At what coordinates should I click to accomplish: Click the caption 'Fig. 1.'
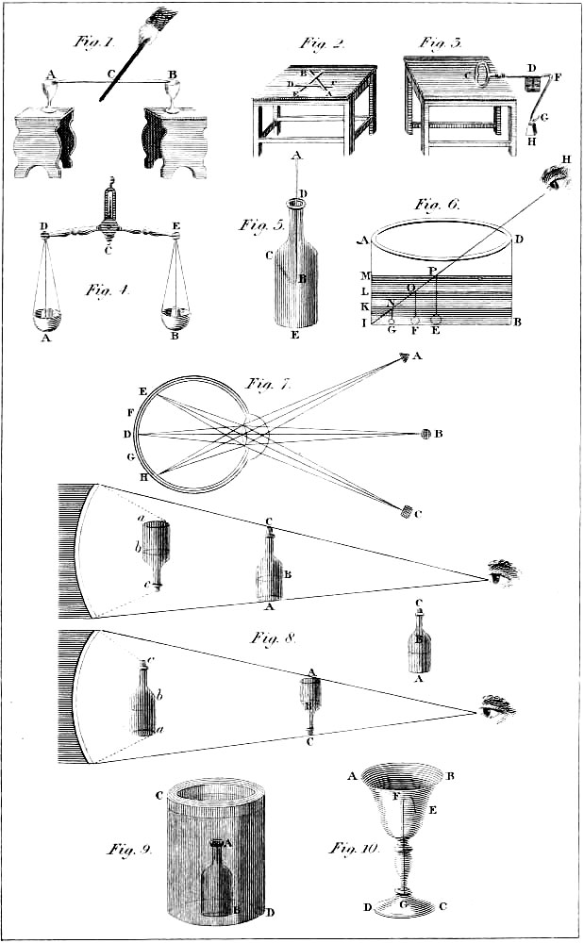coord(93,42)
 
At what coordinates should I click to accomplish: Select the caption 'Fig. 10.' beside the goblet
coord(354,849)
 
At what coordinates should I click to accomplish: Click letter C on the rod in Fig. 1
coord(111,74)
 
